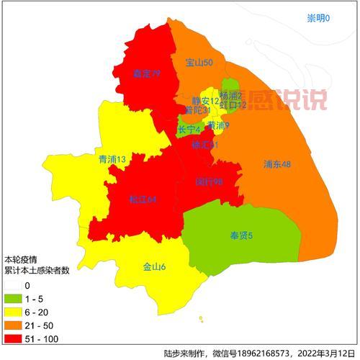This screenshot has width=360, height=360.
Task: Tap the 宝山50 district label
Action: [199, 63]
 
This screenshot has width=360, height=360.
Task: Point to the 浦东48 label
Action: [277, 164]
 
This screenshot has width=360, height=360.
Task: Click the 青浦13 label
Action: [112, 158]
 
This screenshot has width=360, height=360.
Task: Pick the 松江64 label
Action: [143, 199]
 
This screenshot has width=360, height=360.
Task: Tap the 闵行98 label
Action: [209, 182]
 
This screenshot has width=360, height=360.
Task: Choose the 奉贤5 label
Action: [241, 235]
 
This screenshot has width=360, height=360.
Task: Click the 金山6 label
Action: [154, 268]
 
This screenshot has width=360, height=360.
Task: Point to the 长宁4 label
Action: [189, 130]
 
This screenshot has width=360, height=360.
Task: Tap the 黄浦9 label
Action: [218, 126]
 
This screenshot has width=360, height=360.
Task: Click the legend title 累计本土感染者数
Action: [37, 271]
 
